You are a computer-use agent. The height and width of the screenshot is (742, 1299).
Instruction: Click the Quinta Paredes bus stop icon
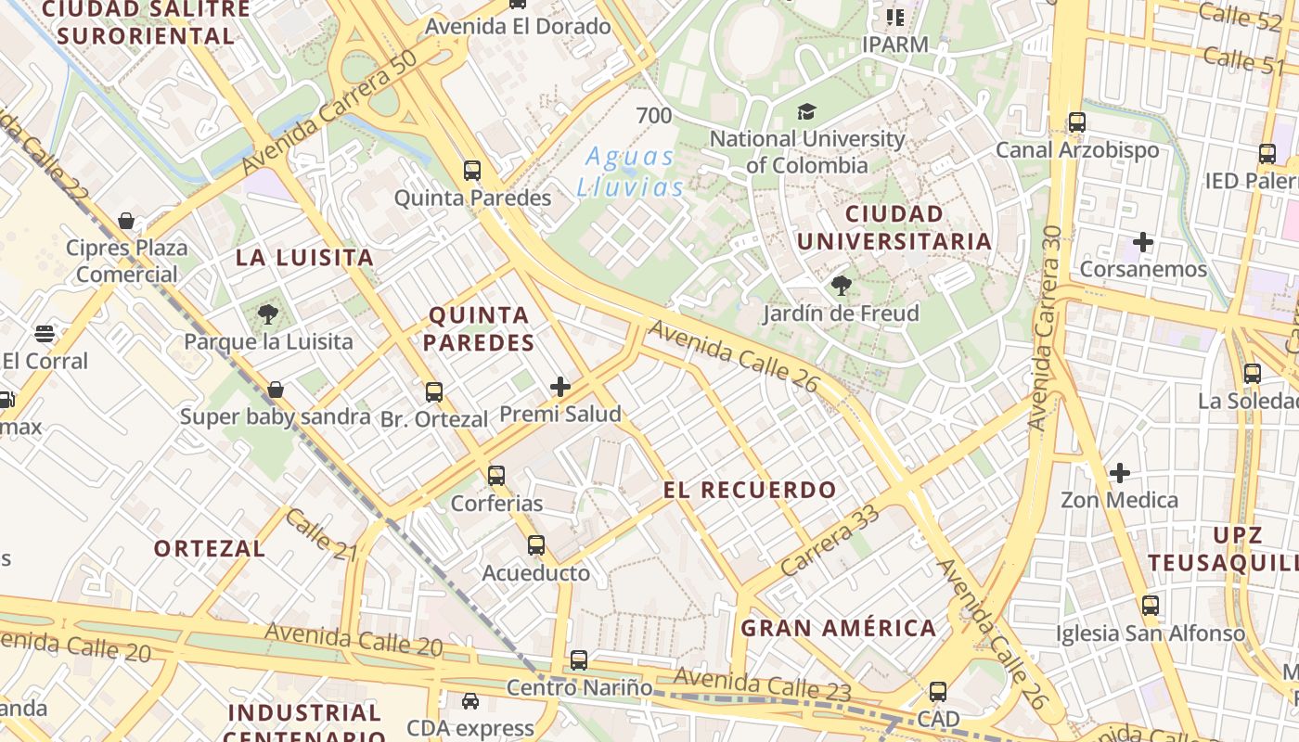(472, 171)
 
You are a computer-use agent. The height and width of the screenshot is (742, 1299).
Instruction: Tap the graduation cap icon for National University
(806, 112)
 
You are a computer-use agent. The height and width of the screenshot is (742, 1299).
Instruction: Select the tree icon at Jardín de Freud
(841, 286)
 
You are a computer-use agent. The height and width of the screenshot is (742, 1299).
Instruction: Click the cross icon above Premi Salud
(560, 387)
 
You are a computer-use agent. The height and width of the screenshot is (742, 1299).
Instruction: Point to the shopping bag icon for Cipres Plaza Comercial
(126, 221)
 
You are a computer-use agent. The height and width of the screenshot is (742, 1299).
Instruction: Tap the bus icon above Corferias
(496, 476)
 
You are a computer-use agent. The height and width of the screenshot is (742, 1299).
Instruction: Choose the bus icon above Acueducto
(535, 545)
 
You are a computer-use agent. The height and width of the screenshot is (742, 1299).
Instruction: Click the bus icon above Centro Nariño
(579, 660)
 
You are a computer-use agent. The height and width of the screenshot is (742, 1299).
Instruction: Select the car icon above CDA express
(470, 701)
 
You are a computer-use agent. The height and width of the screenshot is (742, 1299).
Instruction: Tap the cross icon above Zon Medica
(1120, 473)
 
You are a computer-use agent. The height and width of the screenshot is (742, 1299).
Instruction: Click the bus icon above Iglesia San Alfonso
(1151, 606)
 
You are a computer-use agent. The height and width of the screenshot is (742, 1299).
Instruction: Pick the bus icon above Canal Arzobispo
(1077, 122)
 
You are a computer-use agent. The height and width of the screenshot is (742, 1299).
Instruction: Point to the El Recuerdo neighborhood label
(750, 490)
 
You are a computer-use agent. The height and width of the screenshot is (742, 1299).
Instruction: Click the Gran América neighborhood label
(838, 628)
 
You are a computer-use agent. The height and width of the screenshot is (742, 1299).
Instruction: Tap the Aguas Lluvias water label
(631, 172)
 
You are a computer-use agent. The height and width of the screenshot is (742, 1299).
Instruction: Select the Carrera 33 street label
(830, 540)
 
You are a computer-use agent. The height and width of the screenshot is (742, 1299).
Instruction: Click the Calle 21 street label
(321, 534)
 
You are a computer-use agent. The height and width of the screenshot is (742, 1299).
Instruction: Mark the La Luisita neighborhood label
(304, 258)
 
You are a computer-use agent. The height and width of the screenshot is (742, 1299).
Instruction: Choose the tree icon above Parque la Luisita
(268, 314)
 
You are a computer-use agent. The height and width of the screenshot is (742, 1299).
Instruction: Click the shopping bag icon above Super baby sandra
(275, 390)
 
